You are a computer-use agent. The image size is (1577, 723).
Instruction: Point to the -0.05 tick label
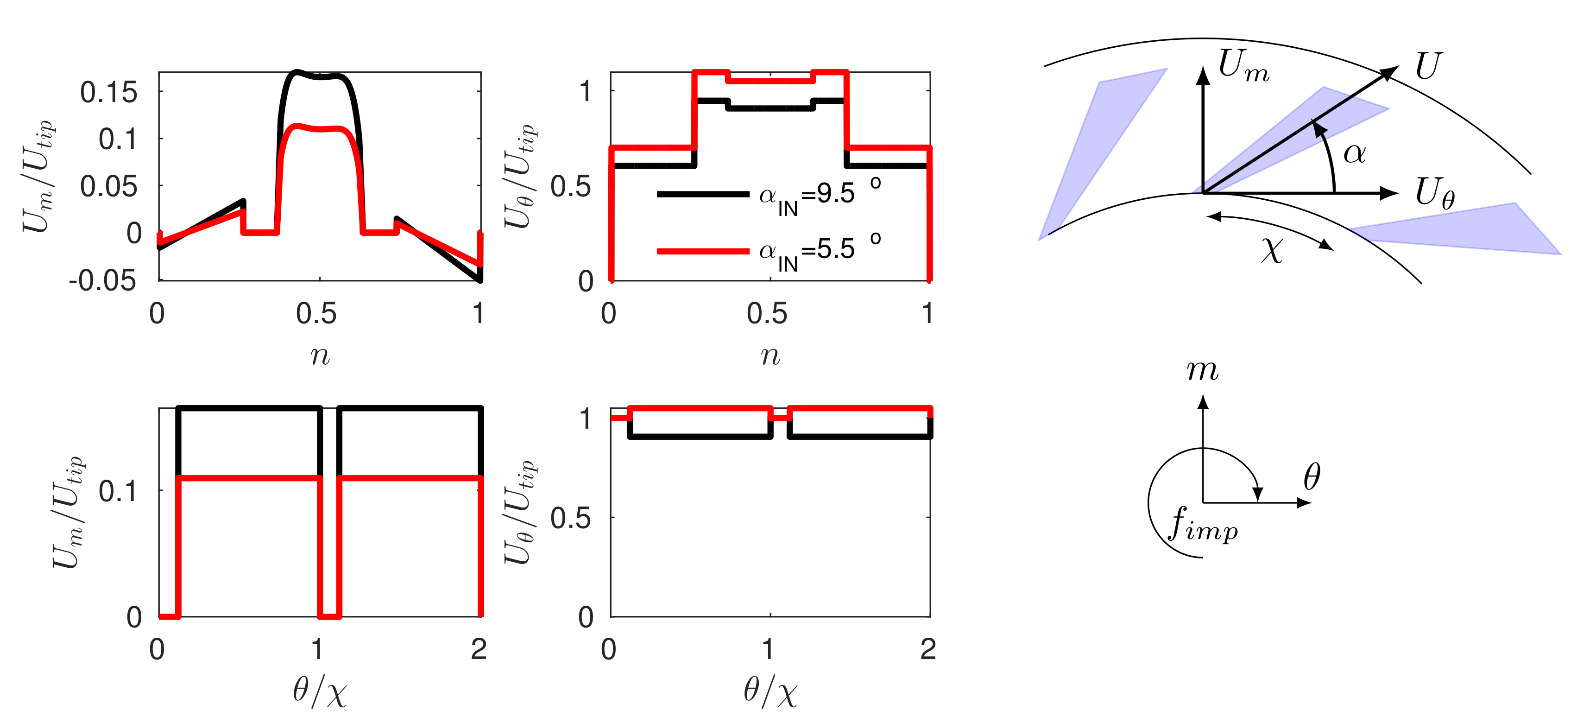[102, 281]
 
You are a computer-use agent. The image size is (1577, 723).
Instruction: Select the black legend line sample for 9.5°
[702, 195]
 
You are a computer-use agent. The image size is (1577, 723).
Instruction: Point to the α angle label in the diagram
[1354, 153]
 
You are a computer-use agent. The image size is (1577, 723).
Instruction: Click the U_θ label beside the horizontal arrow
[1434, 193]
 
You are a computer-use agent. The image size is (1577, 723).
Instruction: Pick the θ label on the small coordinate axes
[1311, 477]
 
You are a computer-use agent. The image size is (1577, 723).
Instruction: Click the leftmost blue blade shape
[1096, 147]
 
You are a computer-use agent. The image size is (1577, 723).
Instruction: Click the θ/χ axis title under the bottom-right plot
[770, 692]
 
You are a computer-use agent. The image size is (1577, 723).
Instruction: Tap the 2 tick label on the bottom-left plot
[479, 649]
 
